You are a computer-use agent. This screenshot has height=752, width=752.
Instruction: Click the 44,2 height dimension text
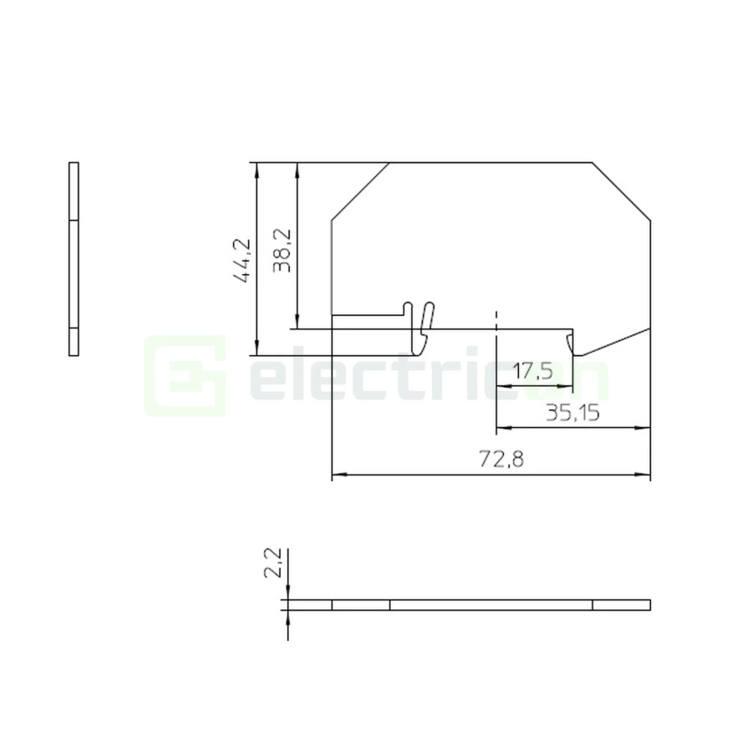(242, 261)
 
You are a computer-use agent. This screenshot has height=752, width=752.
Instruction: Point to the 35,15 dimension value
(573, 413)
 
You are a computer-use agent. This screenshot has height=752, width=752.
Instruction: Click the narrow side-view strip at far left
(74, 259)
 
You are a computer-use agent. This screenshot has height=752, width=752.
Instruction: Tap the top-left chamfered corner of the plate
(360, 191)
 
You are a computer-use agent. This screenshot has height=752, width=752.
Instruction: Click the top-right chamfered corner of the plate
(622, 191)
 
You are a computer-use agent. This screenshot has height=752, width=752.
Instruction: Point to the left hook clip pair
(419, 322)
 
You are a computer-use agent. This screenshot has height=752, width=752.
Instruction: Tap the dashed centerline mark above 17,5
(496, 318)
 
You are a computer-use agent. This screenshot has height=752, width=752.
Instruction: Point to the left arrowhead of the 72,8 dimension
(337, 476)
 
